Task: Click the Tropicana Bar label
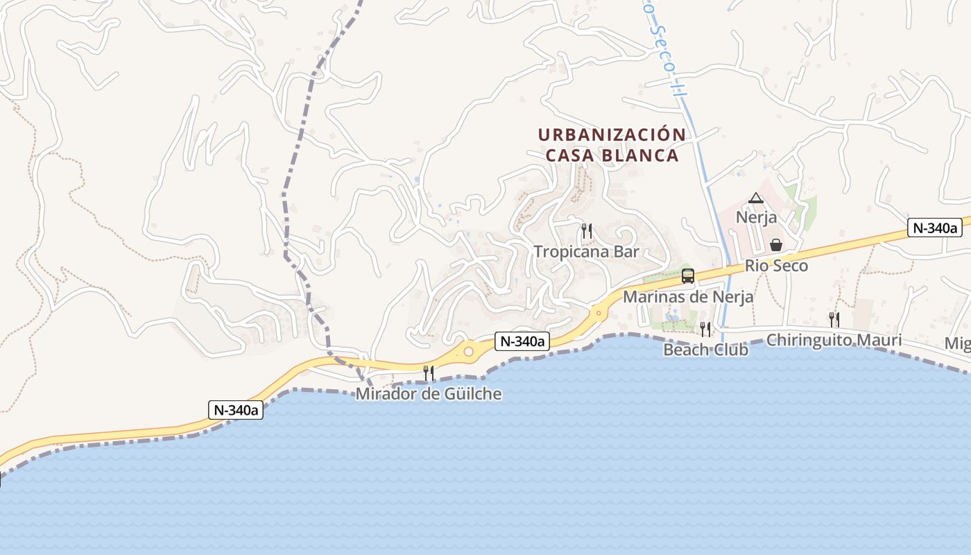(586, 252)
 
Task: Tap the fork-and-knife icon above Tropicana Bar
(587, 230)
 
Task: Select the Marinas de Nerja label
(688, 297)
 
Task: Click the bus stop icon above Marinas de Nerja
(688, 275)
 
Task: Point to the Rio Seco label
(776, 266)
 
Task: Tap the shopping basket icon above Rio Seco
(776, 245)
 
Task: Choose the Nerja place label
(756, 218)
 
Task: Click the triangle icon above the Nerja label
(756, 198)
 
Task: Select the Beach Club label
(705, 350)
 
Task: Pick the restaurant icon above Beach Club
(705, 328)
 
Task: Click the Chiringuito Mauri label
(834, 341)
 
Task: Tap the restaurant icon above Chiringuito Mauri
(834, 319)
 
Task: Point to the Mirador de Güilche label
(429, 394)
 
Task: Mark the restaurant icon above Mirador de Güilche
(429, 373)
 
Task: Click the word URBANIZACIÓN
(612, 135)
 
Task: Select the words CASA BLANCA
(612, 155)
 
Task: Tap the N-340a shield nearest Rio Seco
(935, 228)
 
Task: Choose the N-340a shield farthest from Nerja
(236, 410)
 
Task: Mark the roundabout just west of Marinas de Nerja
(597, 312)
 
